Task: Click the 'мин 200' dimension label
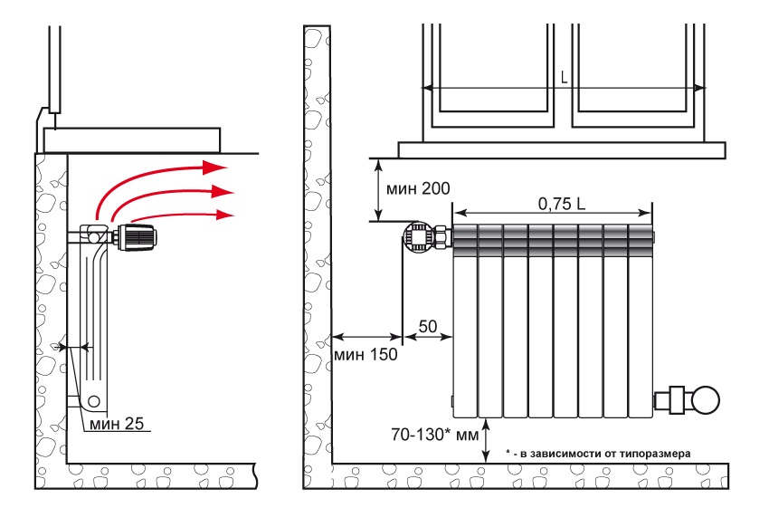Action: (x=418, y=188)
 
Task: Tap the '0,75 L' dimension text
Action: (x=562, y=204)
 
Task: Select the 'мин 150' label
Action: (x=366, y=354)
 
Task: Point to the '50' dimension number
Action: (x=428, y=326)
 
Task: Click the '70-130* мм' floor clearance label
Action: (x=434, y=435)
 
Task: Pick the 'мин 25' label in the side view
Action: (x=117, y=424)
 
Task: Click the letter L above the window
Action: (x=565, y=77)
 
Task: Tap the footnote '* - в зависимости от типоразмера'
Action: (x=598, y=454)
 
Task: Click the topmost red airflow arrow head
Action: (x=214, y=167)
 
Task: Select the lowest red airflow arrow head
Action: (x=224, y=215)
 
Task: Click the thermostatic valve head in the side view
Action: (x=139, y=237)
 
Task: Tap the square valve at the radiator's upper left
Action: (x=418, y=237)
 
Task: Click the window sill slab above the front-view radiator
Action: (x=562, y=150)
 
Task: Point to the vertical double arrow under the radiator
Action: (x=486, y=440)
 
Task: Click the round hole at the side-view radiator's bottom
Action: (x=94, y=401)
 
